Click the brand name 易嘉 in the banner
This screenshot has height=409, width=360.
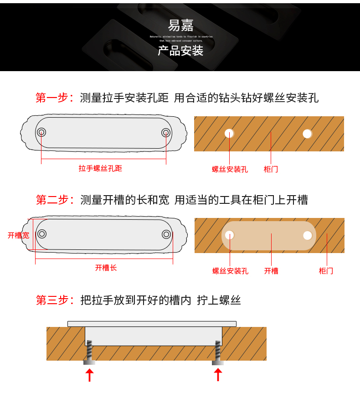pyautogui.click(x=180, y=25)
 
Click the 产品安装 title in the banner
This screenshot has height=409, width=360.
pyautogui.click(x=180, y=51)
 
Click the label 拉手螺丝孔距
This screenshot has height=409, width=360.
pyautogui.click(x=100, y=168)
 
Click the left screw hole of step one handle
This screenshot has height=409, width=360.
pyautogui.click(x=41, y=132)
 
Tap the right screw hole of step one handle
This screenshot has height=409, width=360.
pyautogui.click(x=165, y=132)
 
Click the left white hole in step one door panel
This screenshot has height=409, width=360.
pyautogui.click(x=229, y=133)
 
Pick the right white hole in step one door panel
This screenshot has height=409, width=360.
pyautogui.click(x=308, y=134)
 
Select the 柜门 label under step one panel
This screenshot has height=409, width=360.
pyautogui.click(x=271, y=169)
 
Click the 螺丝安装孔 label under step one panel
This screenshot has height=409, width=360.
pyautogui.click(x=230, y=169)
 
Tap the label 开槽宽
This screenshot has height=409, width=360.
pyautogui.click(x=18, y=235)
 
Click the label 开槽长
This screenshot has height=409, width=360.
pyautogui.click(x=106, y=268)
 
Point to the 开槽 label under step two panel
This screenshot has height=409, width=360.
pyautogui.click(x=271, y=271)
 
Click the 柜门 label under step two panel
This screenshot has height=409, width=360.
pyautogui.click(x=326, y=271)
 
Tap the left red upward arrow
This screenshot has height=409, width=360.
pyautogui.click(x=90, y=375)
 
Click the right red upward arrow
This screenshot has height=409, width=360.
pyautogui.click(x=218, y=375)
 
